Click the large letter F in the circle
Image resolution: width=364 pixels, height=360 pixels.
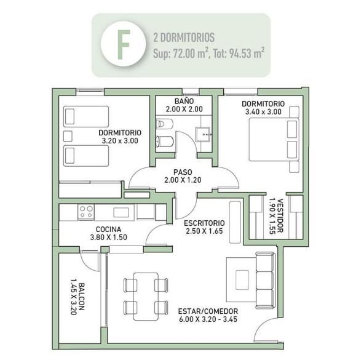[123, 45]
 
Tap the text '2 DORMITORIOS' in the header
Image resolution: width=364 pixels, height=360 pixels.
[184, 38]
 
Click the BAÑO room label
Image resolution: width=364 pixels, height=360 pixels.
[184, 101]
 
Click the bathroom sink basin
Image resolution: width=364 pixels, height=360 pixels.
[203, 134]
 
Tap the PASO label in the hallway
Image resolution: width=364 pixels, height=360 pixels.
[183, 172]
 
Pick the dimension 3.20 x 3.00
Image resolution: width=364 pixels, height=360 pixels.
[120, 141]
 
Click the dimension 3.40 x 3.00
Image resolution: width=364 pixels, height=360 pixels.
[263, 112]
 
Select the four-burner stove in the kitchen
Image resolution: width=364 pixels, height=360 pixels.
[86, 212]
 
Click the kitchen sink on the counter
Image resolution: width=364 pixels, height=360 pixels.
[121, 212]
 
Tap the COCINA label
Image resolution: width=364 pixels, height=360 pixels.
[108, 230]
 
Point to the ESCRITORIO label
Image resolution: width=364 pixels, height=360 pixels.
[204, 223]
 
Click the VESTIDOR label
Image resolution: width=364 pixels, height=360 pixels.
[280, 215]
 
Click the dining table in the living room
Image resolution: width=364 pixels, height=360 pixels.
[146, 297]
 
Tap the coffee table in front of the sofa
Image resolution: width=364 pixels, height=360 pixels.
[242, 280]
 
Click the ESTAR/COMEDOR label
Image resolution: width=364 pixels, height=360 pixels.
[208, 311]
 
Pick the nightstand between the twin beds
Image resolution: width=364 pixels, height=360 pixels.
[68, 136]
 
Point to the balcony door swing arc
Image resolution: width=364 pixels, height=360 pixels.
[86, 263]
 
